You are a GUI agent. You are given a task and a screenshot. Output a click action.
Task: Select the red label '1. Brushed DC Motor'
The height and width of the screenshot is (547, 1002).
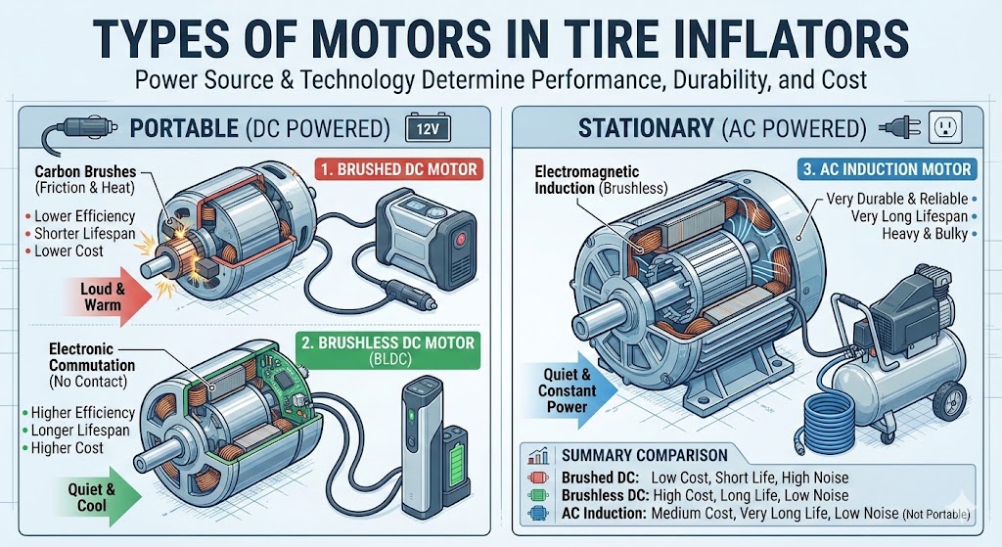point(397,168)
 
